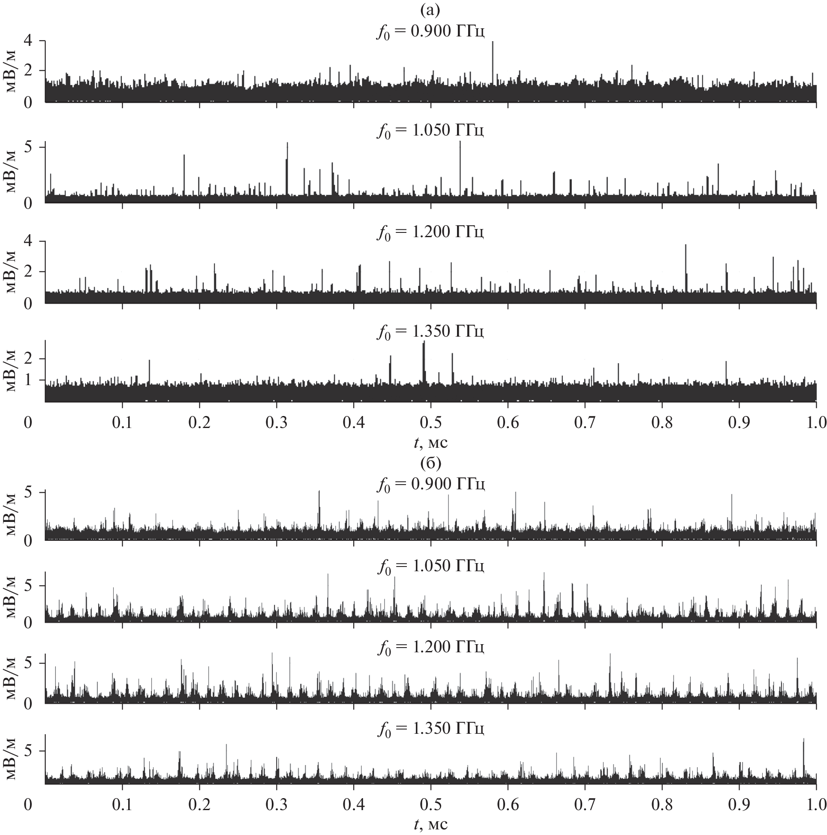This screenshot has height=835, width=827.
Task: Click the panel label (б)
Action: (x=430, y=463)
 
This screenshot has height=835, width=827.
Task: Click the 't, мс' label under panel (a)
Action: (x=430, y=443)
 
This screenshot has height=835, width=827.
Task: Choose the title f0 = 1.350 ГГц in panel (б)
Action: (x=430, y=728)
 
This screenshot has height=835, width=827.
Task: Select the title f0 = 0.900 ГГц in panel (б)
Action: (x=430, y=484)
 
